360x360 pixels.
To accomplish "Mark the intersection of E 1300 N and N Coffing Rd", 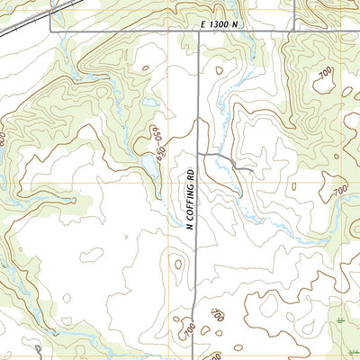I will (199, 32).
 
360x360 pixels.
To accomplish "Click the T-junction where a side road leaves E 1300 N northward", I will (293, 32).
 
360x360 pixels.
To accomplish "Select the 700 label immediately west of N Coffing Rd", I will (188, 331).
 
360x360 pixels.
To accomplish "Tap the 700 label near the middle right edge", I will (339, 192).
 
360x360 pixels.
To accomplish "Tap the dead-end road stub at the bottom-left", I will (39, 349).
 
